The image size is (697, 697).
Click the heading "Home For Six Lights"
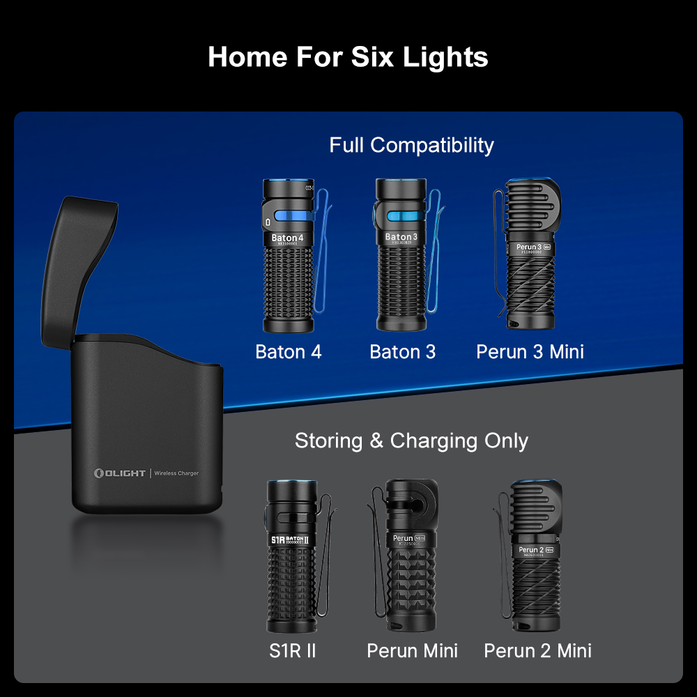(348, 56)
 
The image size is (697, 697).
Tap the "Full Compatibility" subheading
(411, 145)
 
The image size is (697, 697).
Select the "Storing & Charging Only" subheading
(411, 441)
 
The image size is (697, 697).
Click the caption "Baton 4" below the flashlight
(289, 352)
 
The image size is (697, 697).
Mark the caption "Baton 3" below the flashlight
(403, 352)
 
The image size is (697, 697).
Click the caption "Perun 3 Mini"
(530, 352)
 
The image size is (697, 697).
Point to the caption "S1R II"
(293, 651)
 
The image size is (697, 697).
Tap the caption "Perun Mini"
(413, 651)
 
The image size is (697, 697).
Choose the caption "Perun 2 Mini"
(537, 651)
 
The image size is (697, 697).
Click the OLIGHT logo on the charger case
(120, 473)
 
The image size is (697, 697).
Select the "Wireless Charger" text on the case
(176, 474)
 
